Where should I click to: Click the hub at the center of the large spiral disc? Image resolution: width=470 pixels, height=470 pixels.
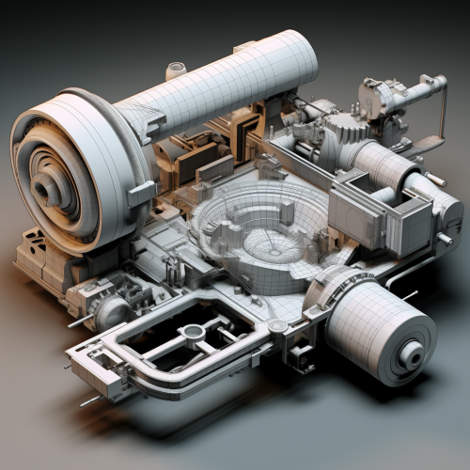(47, 189)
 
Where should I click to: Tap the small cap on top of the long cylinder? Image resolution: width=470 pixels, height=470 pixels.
(176, 70)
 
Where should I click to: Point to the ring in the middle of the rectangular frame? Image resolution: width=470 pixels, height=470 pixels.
(195, 332)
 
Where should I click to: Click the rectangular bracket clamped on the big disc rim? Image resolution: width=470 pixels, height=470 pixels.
(141, 194)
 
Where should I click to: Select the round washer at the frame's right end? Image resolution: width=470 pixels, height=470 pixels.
(276, 326)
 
